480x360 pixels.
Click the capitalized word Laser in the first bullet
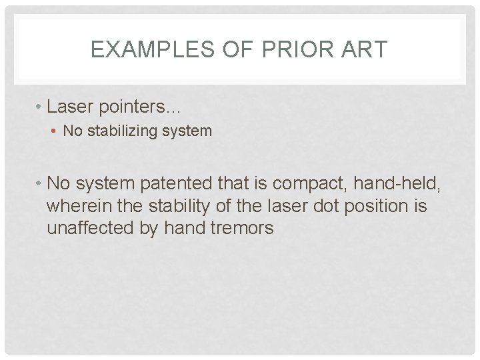click(x=70, y=107)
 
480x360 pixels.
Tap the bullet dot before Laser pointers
click(x=40, y=107)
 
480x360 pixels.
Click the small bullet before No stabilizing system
click(x=55, y=131)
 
